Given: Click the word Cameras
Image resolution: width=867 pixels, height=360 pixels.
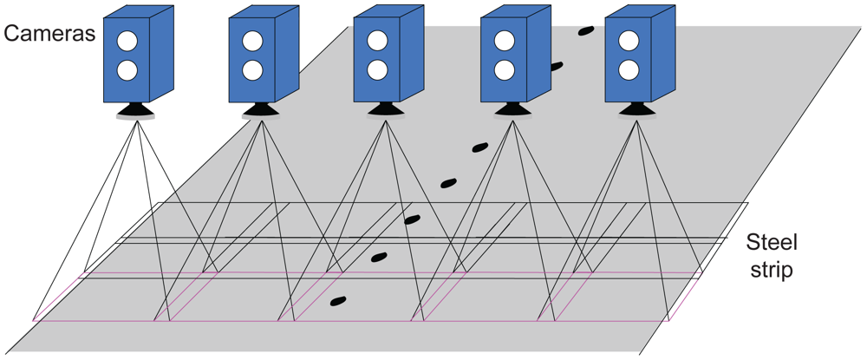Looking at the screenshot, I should coord(49,35).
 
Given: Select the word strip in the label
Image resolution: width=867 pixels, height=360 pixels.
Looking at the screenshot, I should coord(772,270).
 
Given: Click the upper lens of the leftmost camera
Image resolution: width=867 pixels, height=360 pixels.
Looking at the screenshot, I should coord(128,41).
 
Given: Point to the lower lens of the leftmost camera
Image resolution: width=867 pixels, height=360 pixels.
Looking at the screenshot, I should coord(128,70).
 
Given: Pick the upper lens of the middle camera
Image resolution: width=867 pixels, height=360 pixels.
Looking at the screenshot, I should coord(377,41).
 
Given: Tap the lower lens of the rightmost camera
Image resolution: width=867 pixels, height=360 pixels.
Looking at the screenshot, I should coord(628,70).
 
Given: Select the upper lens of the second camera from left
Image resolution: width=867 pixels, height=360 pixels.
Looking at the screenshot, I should coord(252,41).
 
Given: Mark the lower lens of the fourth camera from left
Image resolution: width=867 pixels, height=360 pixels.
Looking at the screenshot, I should coord(503,70).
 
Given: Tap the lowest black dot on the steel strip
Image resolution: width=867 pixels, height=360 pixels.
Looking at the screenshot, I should coord(338,302).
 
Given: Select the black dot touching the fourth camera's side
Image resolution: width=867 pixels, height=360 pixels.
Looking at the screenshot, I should coord(556,66).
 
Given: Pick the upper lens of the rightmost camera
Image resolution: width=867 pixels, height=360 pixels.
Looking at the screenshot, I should coord(628,41).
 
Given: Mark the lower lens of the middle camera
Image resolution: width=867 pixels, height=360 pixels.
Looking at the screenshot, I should coord(377,70).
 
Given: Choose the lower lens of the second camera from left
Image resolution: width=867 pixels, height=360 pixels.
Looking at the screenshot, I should coord(252,70).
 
